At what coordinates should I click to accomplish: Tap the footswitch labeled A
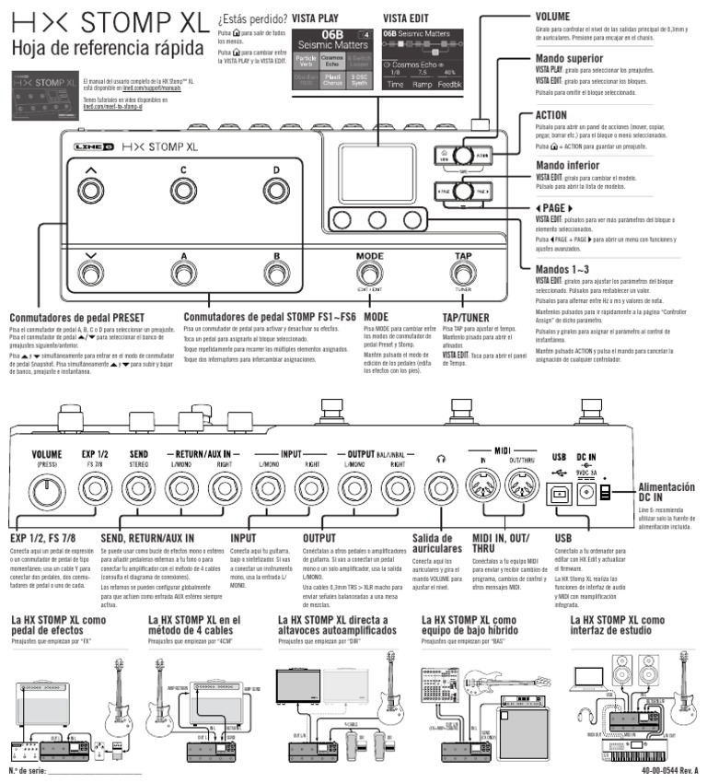click(x=182, y=275)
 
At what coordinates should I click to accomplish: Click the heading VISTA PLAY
click(x=317, y=18)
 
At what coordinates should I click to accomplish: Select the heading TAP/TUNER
click(x=468, y=315)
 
